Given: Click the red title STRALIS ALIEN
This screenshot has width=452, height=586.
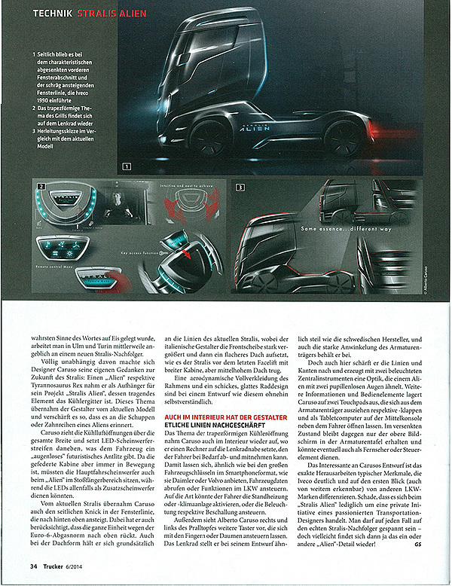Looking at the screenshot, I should pos(103,13).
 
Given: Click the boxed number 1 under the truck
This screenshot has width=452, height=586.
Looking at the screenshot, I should pos(127,166).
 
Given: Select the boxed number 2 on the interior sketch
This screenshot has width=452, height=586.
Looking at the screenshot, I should pos(40,185).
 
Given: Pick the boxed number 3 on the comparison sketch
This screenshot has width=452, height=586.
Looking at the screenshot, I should pos(240,185).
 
